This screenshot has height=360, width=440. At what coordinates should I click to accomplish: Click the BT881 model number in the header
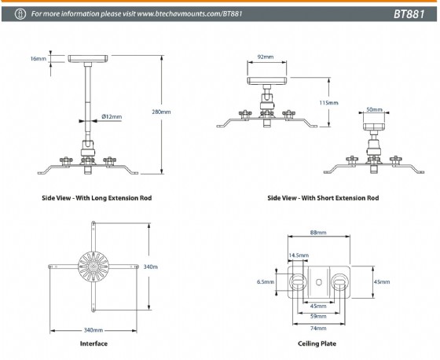coord(409,14)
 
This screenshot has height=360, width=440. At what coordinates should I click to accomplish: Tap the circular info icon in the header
coord(20,14)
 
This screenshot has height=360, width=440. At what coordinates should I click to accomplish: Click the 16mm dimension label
coord(38,59)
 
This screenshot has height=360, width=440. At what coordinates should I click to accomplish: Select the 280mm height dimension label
coord(161,112)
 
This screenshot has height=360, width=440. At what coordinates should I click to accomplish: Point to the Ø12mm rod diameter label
coord(112,116)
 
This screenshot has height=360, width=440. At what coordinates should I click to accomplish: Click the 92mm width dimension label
coord(266,57)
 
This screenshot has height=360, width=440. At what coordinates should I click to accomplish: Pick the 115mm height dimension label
coord(328,103)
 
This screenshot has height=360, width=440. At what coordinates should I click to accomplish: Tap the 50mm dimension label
coord(374,109)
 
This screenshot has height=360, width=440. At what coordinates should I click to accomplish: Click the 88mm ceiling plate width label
coord(318,233)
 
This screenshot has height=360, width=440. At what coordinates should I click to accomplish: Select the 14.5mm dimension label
coord(299,255)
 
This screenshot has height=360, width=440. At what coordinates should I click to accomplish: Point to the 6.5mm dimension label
coord(266,281)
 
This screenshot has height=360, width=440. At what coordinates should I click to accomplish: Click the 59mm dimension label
coord(318,316)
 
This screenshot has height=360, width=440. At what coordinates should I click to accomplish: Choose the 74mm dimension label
coord(318,328)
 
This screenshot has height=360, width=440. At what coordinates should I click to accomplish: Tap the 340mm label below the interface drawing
coord(93,330)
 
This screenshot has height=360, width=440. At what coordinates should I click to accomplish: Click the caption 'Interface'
coord(93,343)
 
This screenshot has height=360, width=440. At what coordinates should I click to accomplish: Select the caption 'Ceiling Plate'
coord(317,343)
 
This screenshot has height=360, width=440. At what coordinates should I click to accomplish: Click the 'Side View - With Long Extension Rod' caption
coord(97,198)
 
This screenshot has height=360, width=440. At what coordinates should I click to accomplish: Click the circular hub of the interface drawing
coord(93,266)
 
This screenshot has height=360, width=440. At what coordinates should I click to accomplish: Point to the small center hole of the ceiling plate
coord(319,282)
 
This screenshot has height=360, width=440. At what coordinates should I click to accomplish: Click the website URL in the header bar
coord(189,14)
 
